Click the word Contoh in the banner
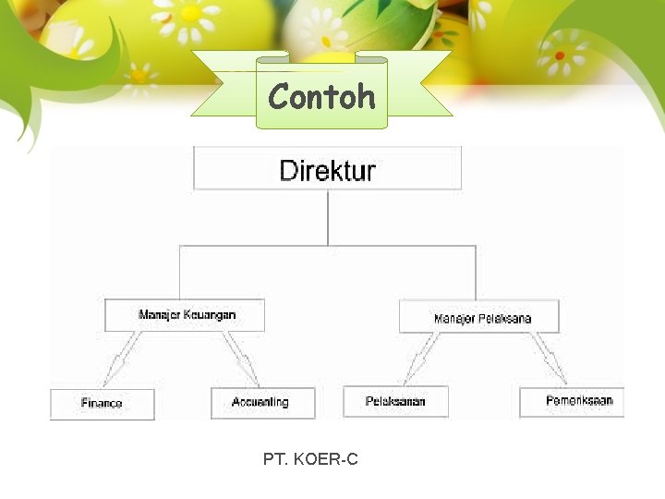321,96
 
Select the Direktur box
327,170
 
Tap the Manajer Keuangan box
185,315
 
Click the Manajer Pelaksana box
479,317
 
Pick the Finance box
102,404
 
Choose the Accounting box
262,403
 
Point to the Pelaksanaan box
395,402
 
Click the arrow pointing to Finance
123,359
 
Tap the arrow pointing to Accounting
242,359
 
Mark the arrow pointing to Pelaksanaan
422,359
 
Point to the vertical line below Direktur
328,217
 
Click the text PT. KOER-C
310,458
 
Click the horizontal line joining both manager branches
328,246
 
